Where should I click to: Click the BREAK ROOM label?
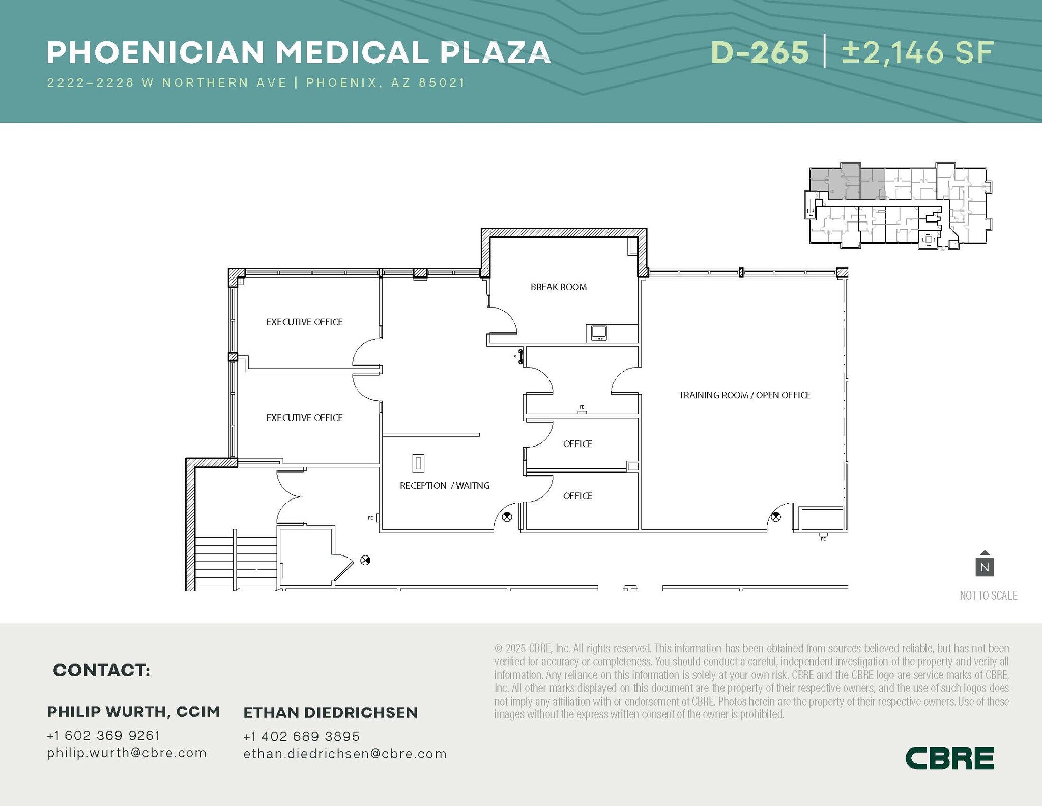click(x=558, y=287)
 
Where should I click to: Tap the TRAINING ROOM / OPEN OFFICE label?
click(x=744, y=395)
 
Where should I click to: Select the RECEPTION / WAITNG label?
click(x=444, y=486)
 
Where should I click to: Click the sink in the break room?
click(x=599, y=332)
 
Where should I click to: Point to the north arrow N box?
click(x=985, y=567)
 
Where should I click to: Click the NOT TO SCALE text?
click(x=988, y=595)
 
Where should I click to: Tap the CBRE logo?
click(x=949, y=758)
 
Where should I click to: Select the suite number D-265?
click(x=760, y=52)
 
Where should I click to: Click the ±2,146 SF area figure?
click(x=917, y=52)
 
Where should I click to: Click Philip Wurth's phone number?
click(x=103, y=735)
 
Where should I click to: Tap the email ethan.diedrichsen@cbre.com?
click(x=344, y=754)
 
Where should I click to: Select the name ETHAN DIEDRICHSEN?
click(x=330, y=712)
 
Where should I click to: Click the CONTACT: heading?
click(x=101, y=670)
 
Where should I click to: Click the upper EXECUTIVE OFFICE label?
click(x=304, y=322)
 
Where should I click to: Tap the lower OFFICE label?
click(x=577, y=496)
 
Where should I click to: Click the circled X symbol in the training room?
click(x=775, y=517)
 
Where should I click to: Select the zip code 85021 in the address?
click(x=442, y=82)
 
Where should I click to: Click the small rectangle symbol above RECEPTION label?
click(x=418, y=463)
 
